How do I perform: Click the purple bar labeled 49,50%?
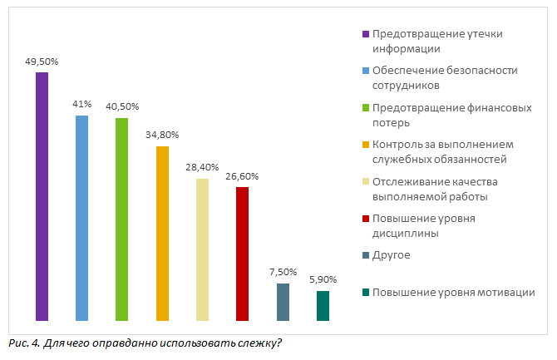[42, 196]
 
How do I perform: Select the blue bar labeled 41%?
[81, 218]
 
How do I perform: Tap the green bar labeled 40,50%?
[121, 219]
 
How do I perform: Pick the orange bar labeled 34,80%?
[162, 233]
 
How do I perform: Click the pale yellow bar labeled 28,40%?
[202, 249]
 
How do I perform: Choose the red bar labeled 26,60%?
[242, 254]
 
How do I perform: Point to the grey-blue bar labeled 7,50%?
[283, 302]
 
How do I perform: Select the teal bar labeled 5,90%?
[323, 305]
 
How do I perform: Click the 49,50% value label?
[42, 62]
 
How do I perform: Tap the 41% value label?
[81, 104]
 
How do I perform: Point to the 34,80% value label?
[162, 135]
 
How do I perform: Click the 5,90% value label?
[323, 280]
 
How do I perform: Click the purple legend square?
[365, 34]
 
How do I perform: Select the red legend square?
[365, 219]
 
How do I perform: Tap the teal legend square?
[365, 292]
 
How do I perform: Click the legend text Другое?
[392, 255]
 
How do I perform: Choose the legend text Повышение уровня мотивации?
[453, 292]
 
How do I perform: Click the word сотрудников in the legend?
[406, 85]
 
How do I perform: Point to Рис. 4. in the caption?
[22, 343]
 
